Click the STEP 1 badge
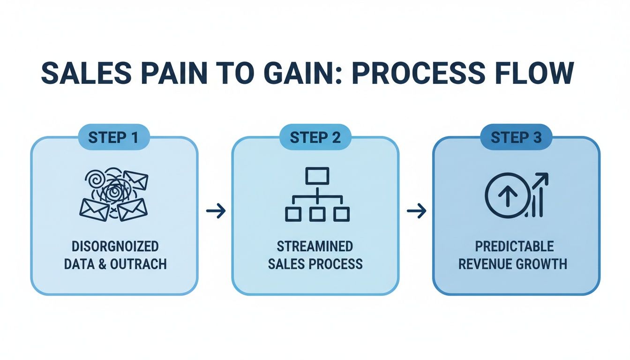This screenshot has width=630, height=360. [x=114, y=138]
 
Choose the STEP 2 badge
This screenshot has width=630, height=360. [x=315, y=138]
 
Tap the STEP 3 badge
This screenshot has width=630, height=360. [x=516, y=138]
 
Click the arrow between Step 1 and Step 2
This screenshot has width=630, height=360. [x=216, y=211]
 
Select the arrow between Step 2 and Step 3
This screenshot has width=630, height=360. [x=416, y=211]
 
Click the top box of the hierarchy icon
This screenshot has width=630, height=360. [x=317, y=176]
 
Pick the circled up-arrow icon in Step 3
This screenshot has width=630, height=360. [x=505, y=195]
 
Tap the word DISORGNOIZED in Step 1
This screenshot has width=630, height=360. [x=114, y=247]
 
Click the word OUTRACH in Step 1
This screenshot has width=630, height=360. [x=138, y=264]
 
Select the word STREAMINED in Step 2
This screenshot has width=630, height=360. [x=315, y=247]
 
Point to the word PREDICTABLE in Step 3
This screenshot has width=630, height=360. [x=514, y=247]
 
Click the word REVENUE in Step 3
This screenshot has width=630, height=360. [x=485, y=264]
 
